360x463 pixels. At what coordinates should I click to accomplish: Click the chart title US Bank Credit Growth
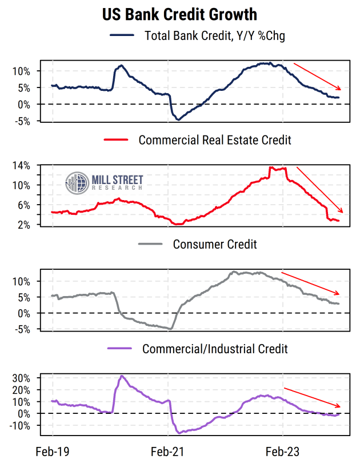179,14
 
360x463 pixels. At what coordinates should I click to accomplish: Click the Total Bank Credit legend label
215,36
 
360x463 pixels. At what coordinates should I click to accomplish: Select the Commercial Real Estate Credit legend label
215,139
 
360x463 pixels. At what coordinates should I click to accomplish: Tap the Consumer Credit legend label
215,244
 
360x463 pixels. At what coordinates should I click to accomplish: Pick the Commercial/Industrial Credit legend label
215,348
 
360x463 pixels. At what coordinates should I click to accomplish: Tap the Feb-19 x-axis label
52,452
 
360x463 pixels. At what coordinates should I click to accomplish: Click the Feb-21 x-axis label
167,452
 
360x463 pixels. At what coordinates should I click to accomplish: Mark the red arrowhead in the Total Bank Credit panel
339,88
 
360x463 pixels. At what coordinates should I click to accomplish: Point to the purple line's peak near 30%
122,376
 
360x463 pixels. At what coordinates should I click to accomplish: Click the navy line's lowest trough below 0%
178,119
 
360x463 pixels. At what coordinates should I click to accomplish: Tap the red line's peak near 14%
271,167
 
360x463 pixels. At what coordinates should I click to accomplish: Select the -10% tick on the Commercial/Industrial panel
22,426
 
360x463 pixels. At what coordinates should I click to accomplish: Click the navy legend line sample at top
121,36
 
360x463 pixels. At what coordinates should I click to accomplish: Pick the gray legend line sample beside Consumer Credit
150,244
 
